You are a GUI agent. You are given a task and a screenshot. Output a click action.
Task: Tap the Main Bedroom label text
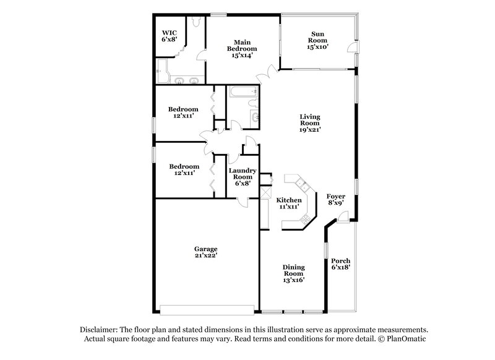click(x=238, y=48)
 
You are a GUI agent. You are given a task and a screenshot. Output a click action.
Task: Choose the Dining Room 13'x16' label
click(x=294, y=273)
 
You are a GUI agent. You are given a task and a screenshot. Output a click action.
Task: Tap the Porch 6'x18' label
click(x=341, y=264)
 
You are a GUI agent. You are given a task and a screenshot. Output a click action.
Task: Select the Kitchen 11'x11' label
click(x=288, y=204)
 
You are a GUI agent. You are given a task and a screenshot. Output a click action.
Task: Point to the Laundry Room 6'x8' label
click(x=243, y=176)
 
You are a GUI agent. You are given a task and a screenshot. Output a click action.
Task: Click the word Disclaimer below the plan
click(x=98, y=330)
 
